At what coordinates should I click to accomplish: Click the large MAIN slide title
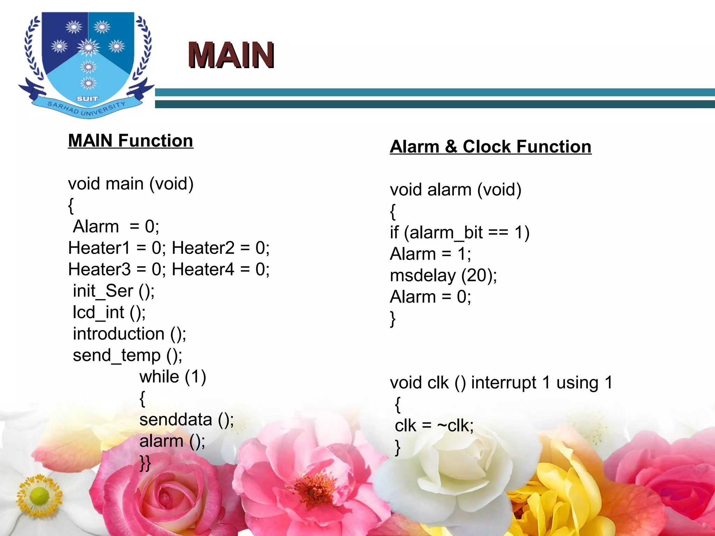(x=231, y=55)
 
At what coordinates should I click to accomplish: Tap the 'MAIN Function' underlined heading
(x=131, y=141)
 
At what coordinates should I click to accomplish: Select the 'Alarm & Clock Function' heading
(x=491, y=147)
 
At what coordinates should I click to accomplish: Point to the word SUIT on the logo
(x=87, y=99)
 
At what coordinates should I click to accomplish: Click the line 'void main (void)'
(x=131, y=184)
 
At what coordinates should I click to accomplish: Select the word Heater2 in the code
(x=203, y=248)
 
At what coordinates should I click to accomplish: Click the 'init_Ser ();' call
(x=113, y=291)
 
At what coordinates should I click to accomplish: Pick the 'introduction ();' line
(x=129, y=334)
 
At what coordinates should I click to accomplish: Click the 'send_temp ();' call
(x=127, y=356)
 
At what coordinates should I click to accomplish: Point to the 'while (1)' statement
(x=173, y=377)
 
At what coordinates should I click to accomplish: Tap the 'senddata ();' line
(x=186, y=420)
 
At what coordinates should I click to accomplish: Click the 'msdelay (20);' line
(x=443, y=276)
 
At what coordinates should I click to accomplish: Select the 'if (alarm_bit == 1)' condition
(x=459, y=233)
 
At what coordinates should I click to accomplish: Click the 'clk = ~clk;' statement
(x=434, y=426)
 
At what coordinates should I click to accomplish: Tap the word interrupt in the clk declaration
(x=503, y=383)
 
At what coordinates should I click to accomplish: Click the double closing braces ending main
(x=145, y=463)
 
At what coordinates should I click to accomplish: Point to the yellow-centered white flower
(x=39, y=496)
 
